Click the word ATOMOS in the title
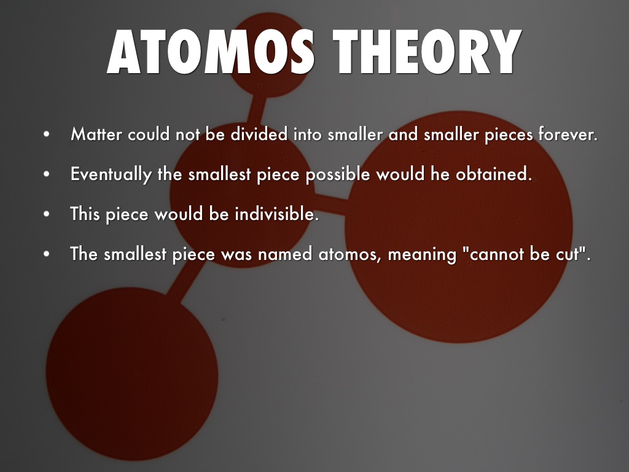pyautogui.click(x=211, y=52)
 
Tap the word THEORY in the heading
pyautogui.click(x=428, y=52)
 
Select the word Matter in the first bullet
pyautogui.click(x=96, y=134)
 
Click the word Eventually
pyautogui.click(x=111, y=175)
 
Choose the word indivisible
pyautogui.click(x=277, y=213)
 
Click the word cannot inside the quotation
pyautogui.click(x=496, y=254)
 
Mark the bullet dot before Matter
pyautogui.click(x=47, y=134)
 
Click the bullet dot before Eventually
pyautogui.click(x=47, y=174)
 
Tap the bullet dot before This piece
pyautogui.click(x=47, y=214)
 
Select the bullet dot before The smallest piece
pyautogui.click(x=47, y=254)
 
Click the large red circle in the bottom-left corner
pyautogui.click(x=132, y=374)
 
